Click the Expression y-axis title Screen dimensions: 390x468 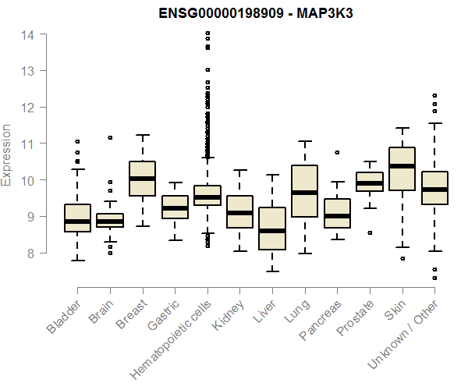[7, 154]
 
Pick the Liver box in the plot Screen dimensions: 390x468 [272, 229]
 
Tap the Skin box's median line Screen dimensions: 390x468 [402, 166]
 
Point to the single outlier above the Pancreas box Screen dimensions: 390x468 [337, 152]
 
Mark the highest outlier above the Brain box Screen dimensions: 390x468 [110, 137]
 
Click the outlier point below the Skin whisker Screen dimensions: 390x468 [402, 258]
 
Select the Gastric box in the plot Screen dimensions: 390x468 [175, 207]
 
